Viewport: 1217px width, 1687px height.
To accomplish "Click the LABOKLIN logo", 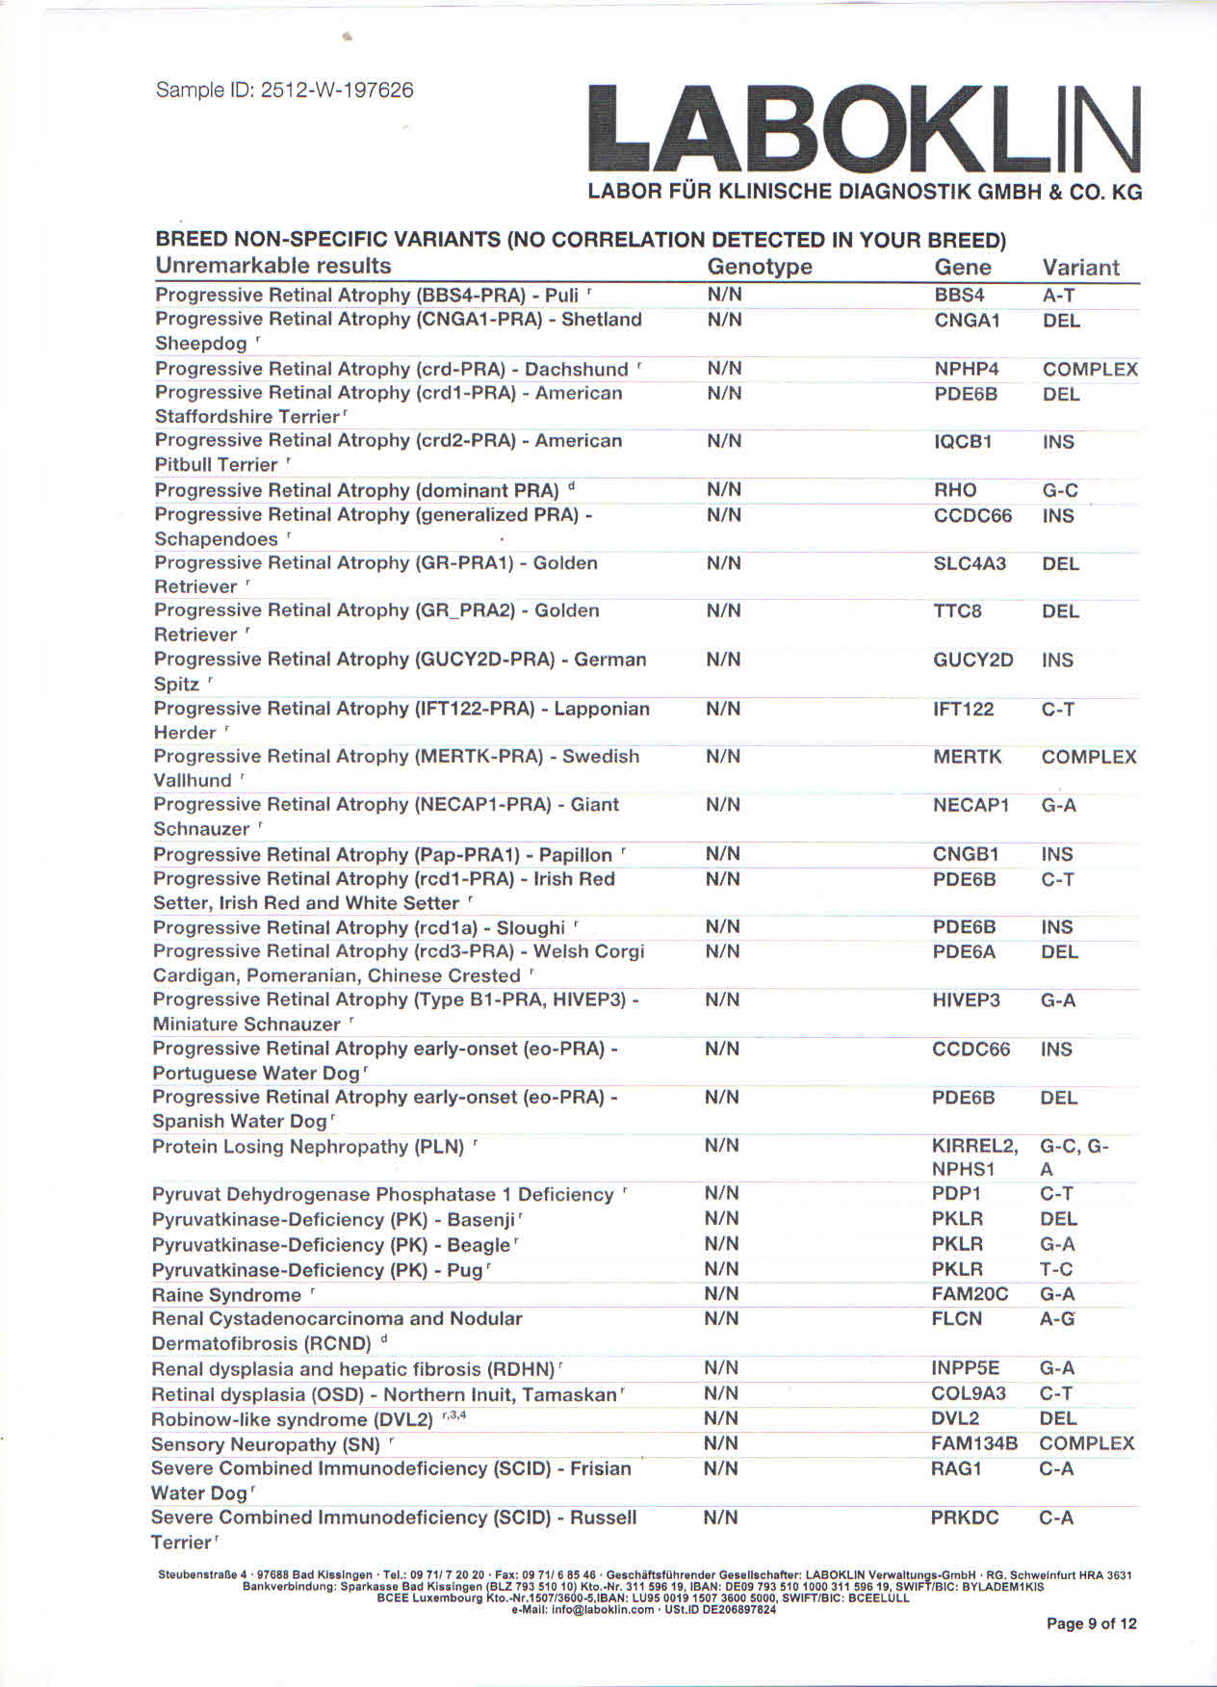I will [864, 130].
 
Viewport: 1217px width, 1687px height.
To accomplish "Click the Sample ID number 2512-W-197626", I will [337, 91].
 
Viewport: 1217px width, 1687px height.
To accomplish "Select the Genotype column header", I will [759, 267].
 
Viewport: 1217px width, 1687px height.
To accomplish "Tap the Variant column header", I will [1080, 268].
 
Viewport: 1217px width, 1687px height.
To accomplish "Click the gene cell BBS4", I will [959, 296].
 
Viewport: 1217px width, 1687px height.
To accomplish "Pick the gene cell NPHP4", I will [967, 369].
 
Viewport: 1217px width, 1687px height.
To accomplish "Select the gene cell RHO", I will [955, 490].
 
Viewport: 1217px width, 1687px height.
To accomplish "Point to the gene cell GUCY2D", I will [972, 661].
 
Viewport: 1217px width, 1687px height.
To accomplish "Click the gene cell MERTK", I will [967, 757].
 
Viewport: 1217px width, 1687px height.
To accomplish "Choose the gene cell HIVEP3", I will [966, 1000].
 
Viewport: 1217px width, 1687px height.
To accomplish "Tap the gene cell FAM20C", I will [970, 1294].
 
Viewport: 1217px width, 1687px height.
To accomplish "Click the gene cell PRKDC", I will [964, 1518].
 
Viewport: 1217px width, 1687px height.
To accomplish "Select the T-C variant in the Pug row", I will [1056, 1269].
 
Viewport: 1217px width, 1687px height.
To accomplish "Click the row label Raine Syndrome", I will [226, 1295].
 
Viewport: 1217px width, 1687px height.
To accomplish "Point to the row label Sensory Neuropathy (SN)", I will [266, 1444].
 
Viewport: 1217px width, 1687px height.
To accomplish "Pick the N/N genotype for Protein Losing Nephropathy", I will [721, 1146].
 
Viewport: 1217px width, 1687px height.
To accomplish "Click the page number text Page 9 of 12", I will [1091, 1623].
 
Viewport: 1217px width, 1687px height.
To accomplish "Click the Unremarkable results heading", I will [273, 266].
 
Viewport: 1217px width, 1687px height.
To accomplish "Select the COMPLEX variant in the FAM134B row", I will [1086, 1443].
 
